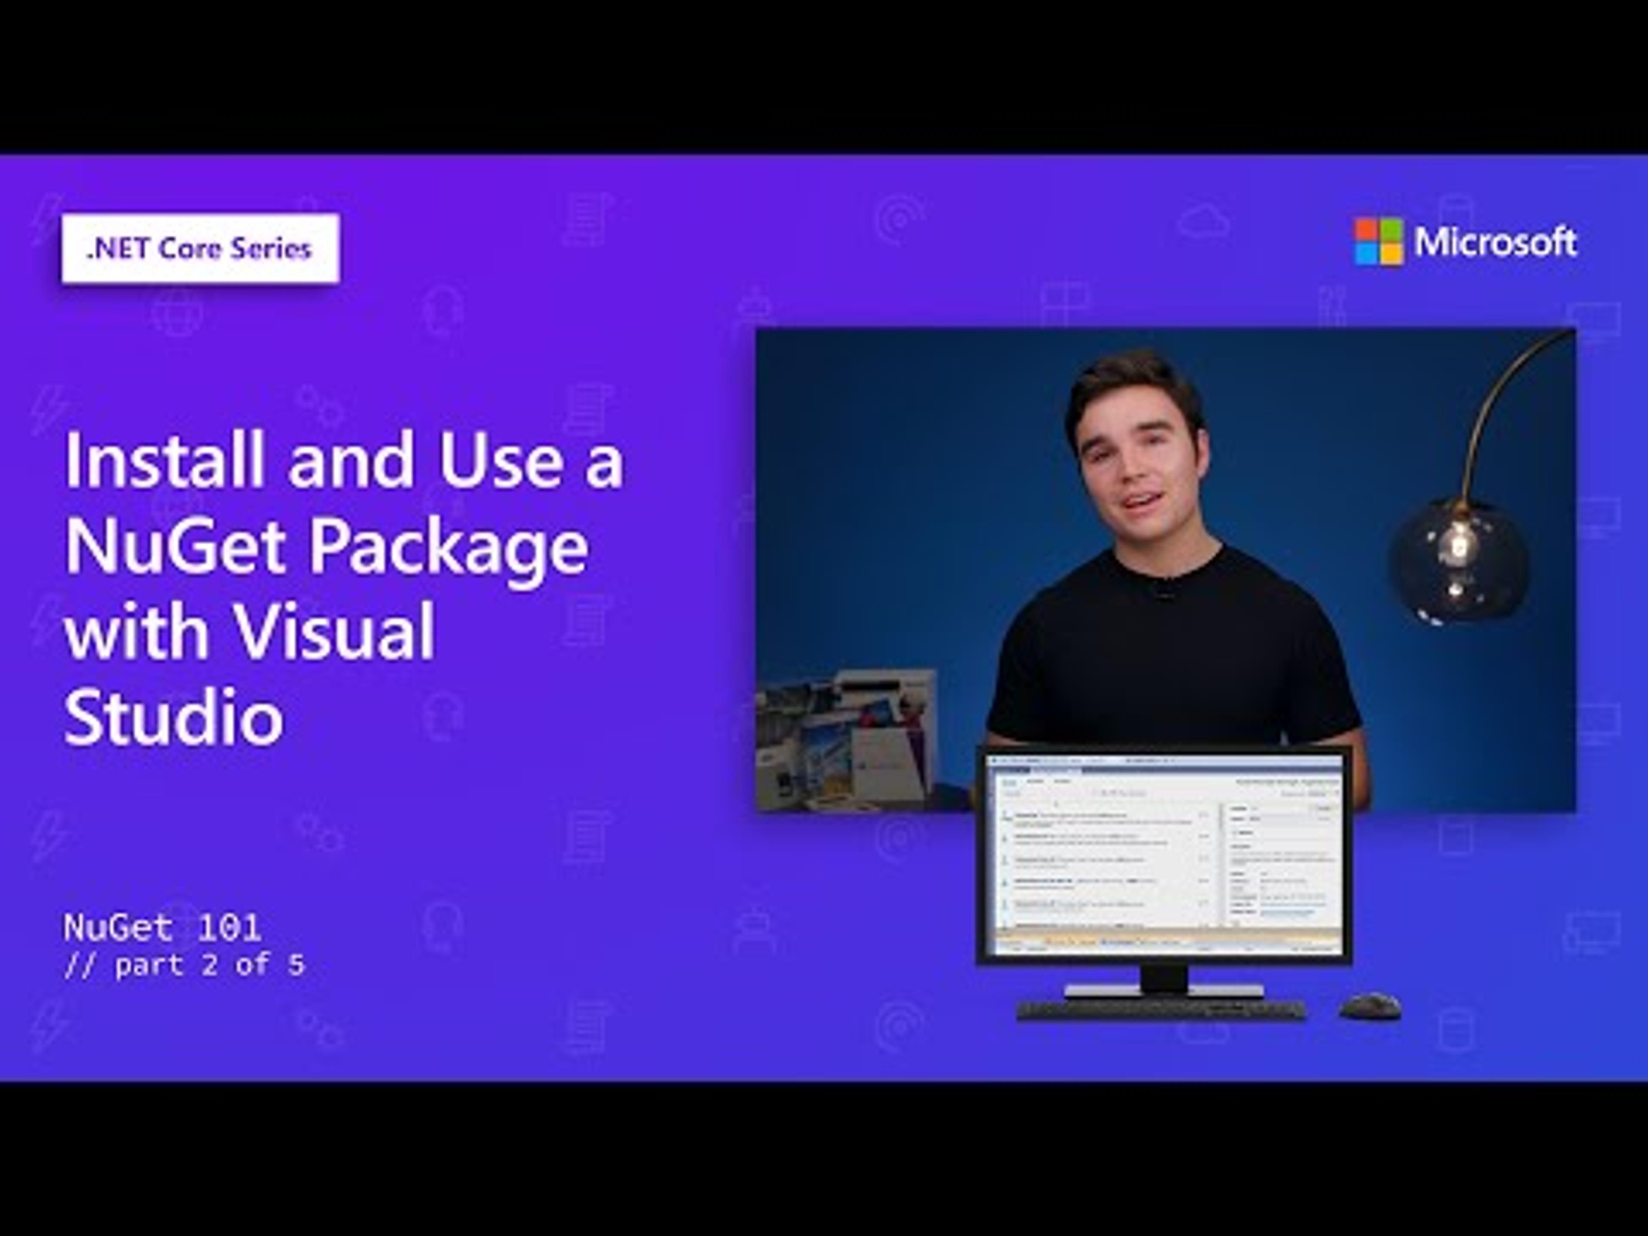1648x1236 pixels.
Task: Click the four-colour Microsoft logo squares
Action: (x=1378, y=241)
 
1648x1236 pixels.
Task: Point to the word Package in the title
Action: (x=448, y=548)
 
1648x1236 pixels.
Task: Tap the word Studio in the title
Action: (x=173, y=715)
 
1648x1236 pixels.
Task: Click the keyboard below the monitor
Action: (x=1161, y=1009)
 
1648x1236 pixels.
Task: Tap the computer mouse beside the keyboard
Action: (x=1369, y=1006)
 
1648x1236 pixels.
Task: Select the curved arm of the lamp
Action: (x=1490, y=395)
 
